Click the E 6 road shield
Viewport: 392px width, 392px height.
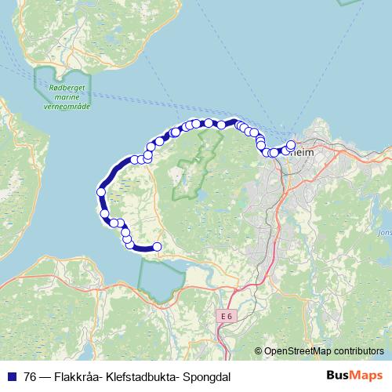(227, 315)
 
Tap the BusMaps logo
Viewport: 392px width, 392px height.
(354, 375)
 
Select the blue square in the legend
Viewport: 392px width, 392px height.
(11, 376)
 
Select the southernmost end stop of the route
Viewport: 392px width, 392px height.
(157, 247)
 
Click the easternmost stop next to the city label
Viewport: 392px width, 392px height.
(292, 144)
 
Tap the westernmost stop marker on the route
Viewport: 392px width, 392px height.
(100, 192)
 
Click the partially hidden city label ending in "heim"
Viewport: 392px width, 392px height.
(302, 154)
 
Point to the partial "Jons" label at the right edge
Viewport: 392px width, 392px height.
(383, 232)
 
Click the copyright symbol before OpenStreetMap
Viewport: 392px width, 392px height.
(258, 350)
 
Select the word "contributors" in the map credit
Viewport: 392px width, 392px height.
(356, 350)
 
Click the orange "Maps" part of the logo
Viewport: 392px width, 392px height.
(365, 375)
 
